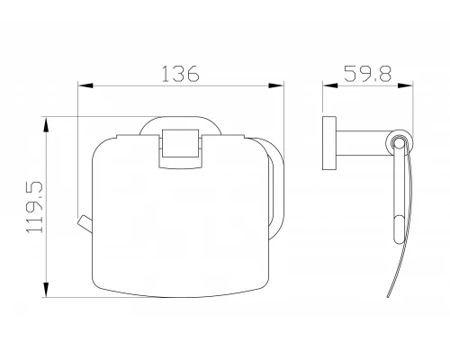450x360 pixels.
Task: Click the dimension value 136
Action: [180, 74]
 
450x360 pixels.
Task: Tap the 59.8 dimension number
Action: [367, 74]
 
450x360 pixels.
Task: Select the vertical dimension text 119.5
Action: [35, 207]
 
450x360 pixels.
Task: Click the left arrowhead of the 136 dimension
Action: [85, 85]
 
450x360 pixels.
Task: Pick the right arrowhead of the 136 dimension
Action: [276, 85]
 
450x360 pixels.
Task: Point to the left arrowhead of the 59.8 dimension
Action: [330, 85]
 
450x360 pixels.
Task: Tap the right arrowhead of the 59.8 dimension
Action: [406, 85]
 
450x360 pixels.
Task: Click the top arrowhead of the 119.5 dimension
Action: [46, 124]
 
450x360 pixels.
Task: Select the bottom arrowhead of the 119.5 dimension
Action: [46, 290]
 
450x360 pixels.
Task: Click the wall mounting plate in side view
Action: [329, 143]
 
